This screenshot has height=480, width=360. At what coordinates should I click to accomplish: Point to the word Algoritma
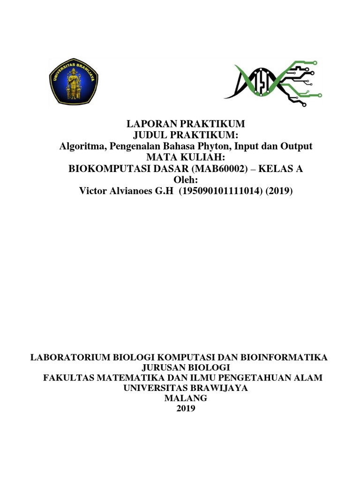pos(82,146)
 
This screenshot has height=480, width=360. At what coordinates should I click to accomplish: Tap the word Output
pos(296,146)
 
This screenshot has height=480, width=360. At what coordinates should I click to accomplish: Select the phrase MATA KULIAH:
pos(186,157)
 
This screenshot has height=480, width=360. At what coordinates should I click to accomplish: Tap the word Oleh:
pos(186,180)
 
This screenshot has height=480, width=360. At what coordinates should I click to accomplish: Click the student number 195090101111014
pos(218,191)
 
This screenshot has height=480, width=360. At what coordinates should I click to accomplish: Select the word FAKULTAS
pos(65,378)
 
